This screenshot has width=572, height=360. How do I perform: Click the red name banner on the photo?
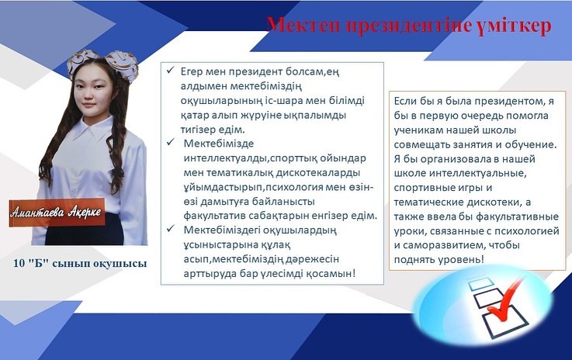point(57,213)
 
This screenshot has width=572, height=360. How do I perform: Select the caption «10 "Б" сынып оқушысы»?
point(80,263)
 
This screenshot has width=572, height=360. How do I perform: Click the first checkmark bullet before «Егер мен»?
point(171,70)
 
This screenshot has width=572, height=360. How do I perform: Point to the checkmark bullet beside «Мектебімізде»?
point(171,142)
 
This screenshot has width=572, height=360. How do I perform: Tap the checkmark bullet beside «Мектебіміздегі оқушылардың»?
point(171,229)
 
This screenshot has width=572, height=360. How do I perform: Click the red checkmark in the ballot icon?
point(505,299)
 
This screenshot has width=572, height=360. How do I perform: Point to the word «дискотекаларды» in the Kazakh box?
point(318,172)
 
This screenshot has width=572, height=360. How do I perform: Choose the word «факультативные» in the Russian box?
point(517,216)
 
